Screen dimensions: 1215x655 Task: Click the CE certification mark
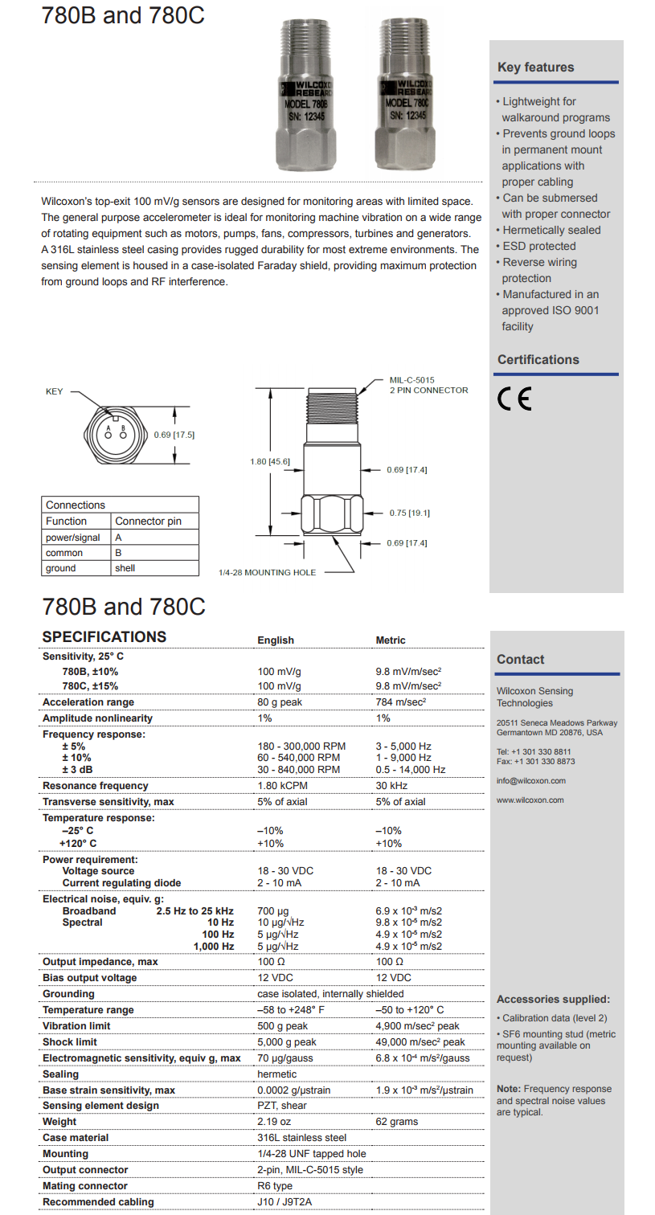pyautogui.click(x=514, y=399)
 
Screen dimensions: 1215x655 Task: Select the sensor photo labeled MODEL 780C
pyautogui.click(x=407, y=95)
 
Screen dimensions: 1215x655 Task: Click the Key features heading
pyautogui.click(x=535, y=67)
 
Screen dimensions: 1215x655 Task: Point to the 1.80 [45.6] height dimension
pyautogui.click(x=270, y=462)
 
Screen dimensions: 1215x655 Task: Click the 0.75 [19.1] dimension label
pyautogui.click(x=408, y=513)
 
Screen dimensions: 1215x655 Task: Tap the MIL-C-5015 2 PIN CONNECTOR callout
pyautogui.click(x=428, y=385)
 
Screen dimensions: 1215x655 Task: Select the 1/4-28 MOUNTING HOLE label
pyautogui.click(x=267, y=573)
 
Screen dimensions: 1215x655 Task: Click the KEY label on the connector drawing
pyautogui.click(x=54, y=392)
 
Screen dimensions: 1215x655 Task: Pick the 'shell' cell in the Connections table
pyautogui.click(x=125, y=568)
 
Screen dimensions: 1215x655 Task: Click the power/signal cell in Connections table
pyautogui.click(x=73, y=538)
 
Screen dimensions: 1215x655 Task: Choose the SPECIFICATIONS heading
pyautogui.click(x=104, y=637)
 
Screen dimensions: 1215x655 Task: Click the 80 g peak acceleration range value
pyautogui.click(x=280, y=702)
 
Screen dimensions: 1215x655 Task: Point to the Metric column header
pyautogui.click(x=391, y=640)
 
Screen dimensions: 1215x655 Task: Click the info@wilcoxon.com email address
pyautogui.click(x=531, y=781)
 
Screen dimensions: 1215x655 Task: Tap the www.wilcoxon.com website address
pyautogui.click(x=530, y=800)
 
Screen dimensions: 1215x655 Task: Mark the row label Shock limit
pyautogui.click(x=70, y=1042)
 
